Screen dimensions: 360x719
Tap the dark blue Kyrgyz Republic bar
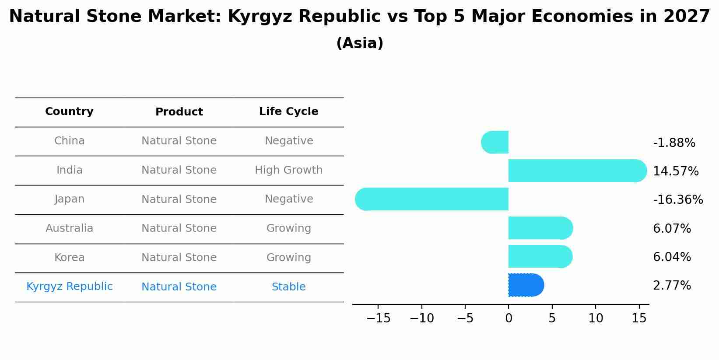[x=526, y=285]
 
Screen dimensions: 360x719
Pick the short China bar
[x=495, y=142]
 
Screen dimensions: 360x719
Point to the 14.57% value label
[x=675, y=171]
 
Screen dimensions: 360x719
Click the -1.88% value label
[x=674, y=143]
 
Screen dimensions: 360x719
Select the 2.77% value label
[x=672, y=286]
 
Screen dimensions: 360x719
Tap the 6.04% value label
[x=672, y=257]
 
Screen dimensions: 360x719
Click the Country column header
[x=69, y=112]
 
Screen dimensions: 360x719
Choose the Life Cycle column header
[x=288, y=112]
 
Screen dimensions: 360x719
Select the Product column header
[x=179, y=112]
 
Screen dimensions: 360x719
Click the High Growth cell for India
[x=288, y=170]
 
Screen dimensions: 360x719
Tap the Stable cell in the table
[x=288, y=287]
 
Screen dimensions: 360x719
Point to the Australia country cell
[x=69, y=228]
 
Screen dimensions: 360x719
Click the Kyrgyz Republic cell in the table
[x=69, y=287]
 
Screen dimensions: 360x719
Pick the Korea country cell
[x=69, y=258]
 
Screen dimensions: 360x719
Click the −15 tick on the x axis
[x=378, y=318]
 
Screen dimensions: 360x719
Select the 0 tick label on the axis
[x=509, y=318]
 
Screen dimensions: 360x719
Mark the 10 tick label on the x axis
[x=596, y=318]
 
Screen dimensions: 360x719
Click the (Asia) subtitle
[x=360, y=43]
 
